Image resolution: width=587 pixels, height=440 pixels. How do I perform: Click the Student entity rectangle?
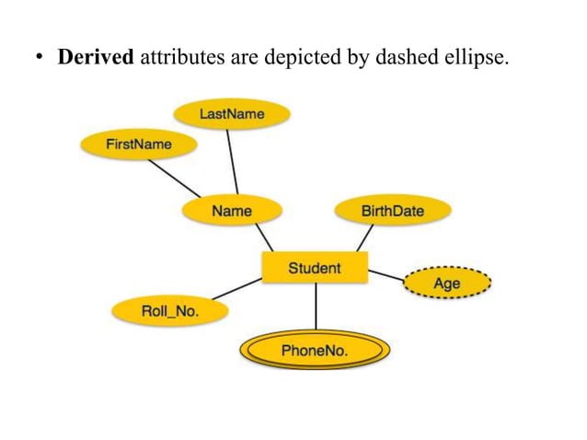pos(315,268)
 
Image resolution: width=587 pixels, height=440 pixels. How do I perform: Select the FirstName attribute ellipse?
pos(139,145)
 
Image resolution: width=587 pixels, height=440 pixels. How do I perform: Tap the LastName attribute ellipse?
pos(232,114)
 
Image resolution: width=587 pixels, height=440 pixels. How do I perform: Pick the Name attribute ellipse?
pos(231,211)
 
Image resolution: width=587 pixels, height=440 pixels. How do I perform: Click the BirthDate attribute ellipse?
pos(393,211)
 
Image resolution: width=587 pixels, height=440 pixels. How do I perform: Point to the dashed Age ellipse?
pos(447,284)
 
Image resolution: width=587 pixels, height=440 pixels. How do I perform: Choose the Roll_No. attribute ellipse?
pos(170,311)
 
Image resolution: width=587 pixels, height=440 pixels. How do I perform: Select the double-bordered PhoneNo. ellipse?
pos(316,350)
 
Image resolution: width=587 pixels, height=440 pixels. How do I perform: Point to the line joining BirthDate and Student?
pos(364,237)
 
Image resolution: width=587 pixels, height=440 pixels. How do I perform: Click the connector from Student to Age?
pos(386,275)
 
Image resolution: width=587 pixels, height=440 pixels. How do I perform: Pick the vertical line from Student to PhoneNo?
pos(316,306)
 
